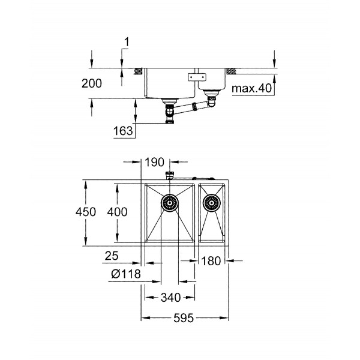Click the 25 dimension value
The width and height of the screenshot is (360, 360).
(x=112, y=256)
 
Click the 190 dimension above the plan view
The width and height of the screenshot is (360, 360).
(x=156, y=161)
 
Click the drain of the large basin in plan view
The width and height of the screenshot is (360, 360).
(x=169, y=204)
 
